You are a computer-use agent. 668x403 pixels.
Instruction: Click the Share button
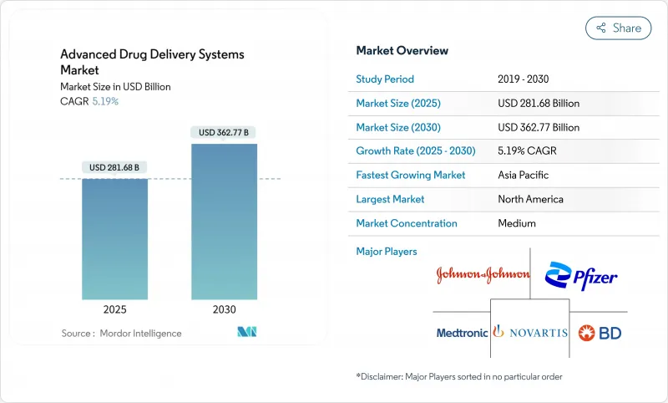[x=618, y=28]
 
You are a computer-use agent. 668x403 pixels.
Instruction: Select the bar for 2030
[x=224, y=222]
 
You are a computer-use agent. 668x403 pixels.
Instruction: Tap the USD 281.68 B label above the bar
[x=114, y=168]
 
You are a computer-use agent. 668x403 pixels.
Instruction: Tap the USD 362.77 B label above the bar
[x=224, y=132]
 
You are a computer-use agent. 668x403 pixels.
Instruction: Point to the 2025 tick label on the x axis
[x=114, y=309]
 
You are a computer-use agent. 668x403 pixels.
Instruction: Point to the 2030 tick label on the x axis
[x=224, y=309]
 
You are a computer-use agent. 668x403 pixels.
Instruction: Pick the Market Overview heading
[x=402, y=51]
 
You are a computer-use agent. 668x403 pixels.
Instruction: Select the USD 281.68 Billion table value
[x=539, y=104]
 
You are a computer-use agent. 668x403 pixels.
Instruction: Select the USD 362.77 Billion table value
[x=539, y=127]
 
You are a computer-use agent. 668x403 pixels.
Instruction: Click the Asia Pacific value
[x=524, y=176]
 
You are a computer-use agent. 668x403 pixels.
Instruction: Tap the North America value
[x=530, y=199]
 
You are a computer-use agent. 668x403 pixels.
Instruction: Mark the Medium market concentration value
[x=517, y=223]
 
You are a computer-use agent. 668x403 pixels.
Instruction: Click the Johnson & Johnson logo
[x=483, y=275]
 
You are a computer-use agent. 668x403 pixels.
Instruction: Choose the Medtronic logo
[x=462, y=333]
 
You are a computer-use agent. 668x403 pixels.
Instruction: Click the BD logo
[x=600, y=333]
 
